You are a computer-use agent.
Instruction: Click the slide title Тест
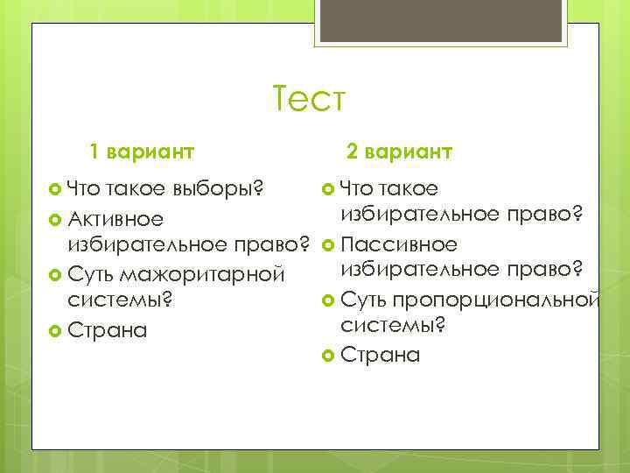(x=310, y=98)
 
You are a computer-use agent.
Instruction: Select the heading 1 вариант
(x=143, y=152)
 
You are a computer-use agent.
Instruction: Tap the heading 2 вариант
(x=399, y=152)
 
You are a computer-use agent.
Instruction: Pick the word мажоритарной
(x=202, y=274)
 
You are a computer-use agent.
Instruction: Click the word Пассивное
(x=398, y=243)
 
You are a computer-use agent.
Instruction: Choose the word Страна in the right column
(x=380, y=356)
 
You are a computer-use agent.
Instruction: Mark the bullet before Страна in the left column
(x=55, y=331)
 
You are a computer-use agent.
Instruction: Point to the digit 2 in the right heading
(x=352, y=152)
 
